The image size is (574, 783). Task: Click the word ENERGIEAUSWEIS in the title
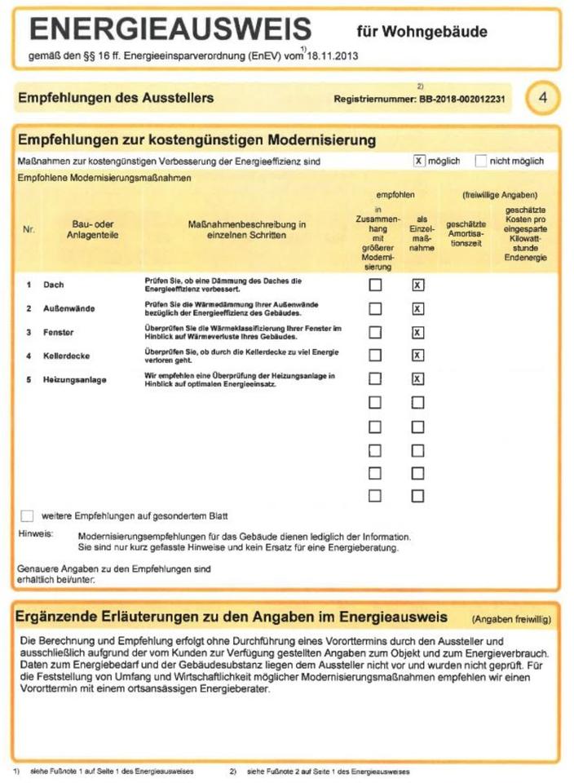pos(170,30)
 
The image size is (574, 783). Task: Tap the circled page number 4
pos(542,98)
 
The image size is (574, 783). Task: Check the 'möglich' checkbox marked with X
pos(420,161)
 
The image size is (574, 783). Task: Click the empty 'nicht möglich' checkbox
pos(480,161)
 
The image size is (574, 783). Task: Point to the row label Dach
pos(54,285)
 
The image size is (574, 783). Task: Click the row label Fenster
pos(59,332)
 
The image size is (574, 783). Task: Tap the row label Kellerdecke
pos(66,356)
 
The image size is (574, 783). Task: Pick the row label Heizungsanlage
pos(74,379)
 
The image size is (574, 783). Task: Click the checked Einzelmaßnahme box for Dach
pos(417,285)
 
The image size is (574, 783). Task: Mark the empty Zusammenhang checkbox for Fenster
pos(375,332)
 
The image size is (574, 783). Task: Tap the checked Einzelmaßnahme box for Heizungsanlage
pos(417,378)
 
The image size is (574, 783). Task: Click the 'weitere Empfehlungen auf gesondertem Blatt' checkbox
pos(27,515)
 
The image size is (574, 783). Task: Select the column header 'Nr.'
pos(29,230)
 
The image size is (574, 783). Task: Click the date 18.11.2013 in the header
pos(332,57)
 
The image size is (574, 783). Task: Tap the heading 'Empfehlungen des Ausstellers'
pos(116,98)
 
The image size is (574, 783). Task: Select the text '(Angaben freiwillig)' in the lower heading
pos(510,620)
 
